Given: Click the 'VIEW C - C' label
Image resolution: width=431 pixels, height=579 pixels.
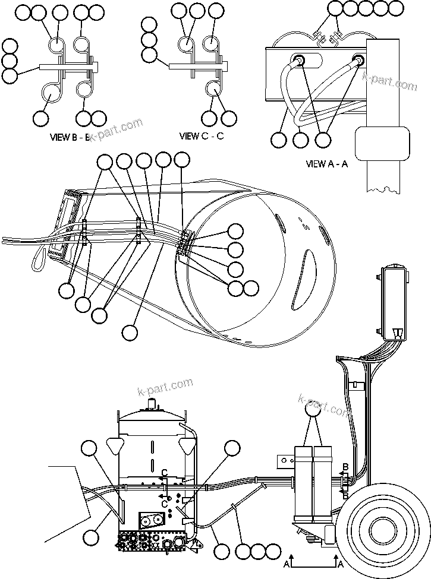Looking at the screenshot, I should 202,136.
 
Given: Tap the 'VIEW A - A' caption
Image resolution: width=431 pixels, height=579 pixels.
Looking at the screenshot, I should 326,164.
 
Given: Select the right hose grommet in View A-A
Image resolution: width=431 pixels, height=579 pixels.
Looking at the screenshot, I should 358,60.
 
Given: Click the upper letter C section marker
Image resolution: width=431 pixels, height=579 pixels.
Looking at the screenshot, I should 164,473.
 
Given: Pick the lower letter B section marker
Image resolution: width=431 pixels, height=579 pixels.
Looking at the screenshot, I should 346,495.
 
